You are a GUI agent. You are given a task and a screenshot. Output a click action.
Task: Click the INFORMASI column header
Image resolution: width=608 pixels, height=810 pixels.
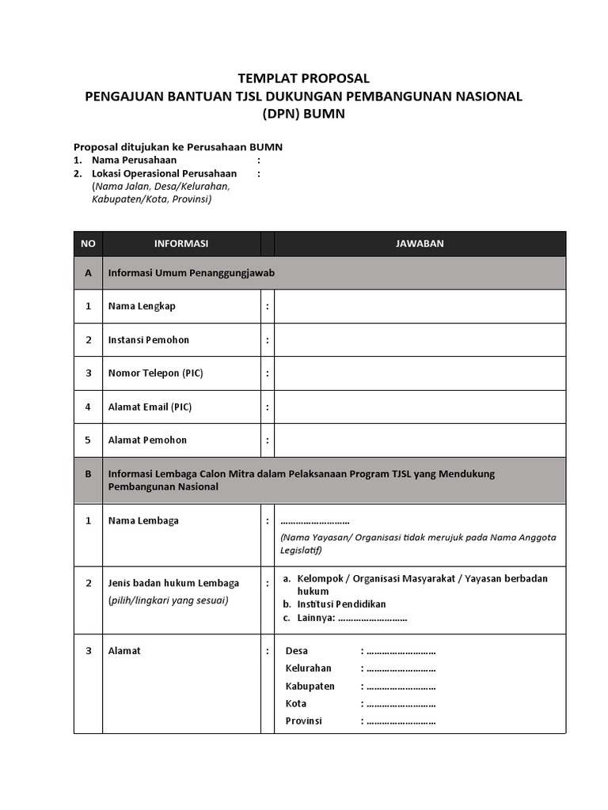click(x=181, y=244)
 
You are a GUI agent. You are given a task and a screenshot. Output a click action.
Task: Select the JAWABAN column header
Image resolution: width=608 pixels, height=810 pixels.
click(x=420, y=244)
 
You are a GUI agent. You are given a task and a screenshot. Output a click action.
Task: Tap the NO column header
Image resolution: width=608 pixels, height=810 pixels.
click(x=88, y=244)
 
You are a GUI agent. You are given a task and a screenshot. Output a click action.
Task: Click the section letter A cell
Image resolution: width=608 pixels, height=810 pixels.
click(x=88, y=273)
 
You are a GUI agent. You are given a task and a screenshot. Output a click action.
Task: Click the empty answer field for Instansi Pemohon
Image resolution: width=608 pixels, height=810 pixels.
click(x=420, y=340)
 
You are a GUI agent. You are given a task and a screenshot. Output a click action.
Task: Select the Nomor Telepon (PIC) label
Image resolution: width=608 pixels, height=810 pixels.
click(x=155, y=373)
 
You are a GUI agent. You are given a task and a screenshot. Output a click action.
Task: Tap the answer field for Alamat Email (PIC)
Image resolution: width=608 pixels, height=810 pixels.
click(x=420, y=407)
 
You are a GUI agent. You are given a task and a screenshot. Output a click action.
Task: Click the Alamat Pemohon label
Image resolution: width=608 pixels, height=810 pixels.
click(x=147, y=441)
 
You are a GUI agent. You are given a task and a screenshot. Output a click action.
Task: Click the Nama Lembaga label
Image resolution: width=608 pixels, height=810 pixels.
click(x=143, y=520)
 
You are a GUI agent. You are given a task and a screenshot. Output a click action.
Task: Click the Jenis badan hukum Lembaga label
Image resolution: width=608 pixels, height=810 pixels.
click(x=173, y=584)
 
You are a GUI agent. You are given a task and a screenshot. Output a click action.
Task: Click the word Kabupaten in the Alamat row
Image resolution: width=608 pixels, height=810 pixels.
click(x=310, y=687)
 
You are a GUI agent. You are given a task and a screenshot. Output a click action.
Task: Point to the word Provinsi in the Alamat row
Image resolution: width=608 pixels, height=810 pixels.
click(x=303, y=721)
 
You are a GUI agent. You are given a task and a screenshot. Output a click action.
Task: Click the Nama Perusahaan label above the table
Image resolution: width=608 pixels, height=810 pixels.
click(x=134, y=160)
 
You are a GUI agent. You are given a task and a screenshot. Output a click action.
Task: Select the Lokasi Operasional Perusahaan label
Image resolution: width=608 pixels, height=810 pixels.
click(x=164, y=173)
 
